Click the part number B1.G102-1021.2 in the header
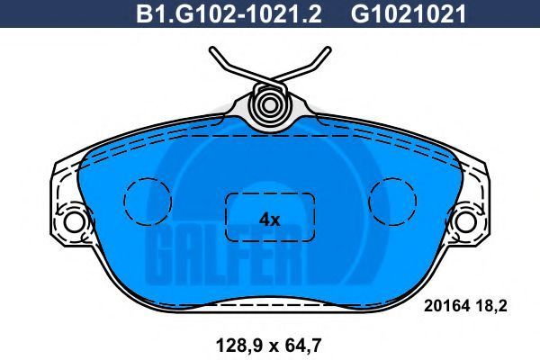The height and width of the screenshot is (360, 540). click(x=229, y=14)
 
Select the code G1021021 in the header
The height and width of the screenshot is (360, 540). click(x=409, y=14)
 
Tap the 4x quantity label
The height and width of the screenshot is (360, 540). click(x=269, y=220)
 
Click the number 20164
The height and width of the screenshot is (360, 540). click(x=446, y=306)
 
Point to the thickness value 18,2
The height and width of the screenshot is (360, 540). click(x=491, y=306)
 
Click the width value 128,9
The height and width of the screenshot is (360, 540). click(x=238, y=346)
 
